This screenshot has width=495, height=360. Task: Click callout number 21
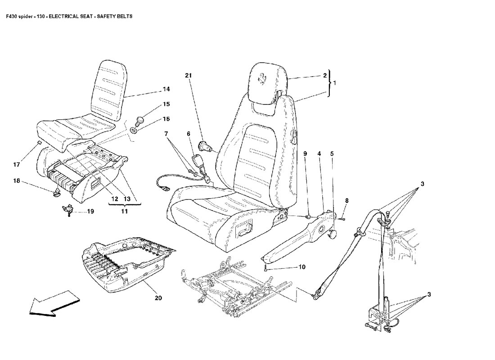coord(189,76)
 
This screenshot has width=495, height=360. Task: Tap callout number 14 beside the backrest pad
coord(153,90)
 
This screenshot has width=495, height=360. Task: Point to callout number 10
coord(301,267)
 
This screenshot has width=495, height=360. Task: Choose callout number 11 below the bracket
coord(124,211)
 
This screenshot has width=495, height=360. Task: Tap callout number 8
coord(346,200)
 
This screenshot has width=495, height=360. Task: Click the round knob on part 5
coord(334,234)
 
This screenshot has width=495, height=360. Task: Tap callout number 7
coord(166,134)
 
